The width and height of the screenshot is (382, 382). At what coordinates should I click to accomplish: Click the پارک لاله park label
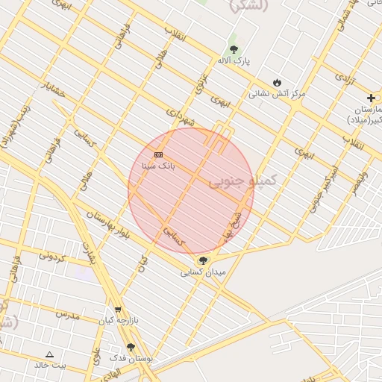[x=234, y=60]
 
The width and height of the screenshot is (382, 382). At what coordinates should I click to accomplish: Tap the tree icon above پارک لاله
[x=234, y=49]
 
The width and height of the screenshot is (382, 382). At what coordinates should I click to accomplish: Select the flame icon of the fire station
[x=277, y=83]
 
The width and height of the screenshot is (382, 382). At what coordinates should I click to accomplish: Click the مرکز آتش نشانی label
[x=277, y=94]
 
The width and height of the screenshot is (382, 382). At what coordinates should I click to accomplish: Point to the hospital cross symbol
[x=371, y=98]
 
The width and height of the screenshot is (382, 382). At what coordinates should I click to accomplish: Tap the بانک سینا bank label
[x=159, y=166]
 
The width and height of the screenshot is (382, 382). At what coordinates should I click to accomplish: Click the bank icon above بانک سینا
[x=158, y=154]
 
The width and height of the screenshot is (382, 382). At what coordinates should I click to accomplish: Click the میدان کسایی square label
[x=203, y=272]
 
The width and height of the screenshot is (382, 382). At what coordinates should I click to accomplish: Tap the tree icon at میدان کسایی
[x=203, y=260]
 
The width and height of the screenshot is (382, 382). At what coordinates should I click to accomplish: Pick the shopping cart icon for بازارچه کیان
[x=117, y=310]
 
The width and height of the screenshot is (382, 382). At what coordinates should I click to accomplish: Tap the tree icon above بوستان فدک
[x=131, y=347]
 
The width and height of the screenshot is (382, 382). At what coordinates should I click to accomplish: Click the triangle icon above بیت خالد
[x=50, y=354]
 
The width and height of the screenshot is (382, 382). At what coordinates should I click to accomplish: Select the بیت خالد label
[x=50, y=365]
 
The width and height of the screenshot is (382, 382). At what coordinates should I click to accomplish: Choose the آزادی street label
[x=344, y=78]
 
